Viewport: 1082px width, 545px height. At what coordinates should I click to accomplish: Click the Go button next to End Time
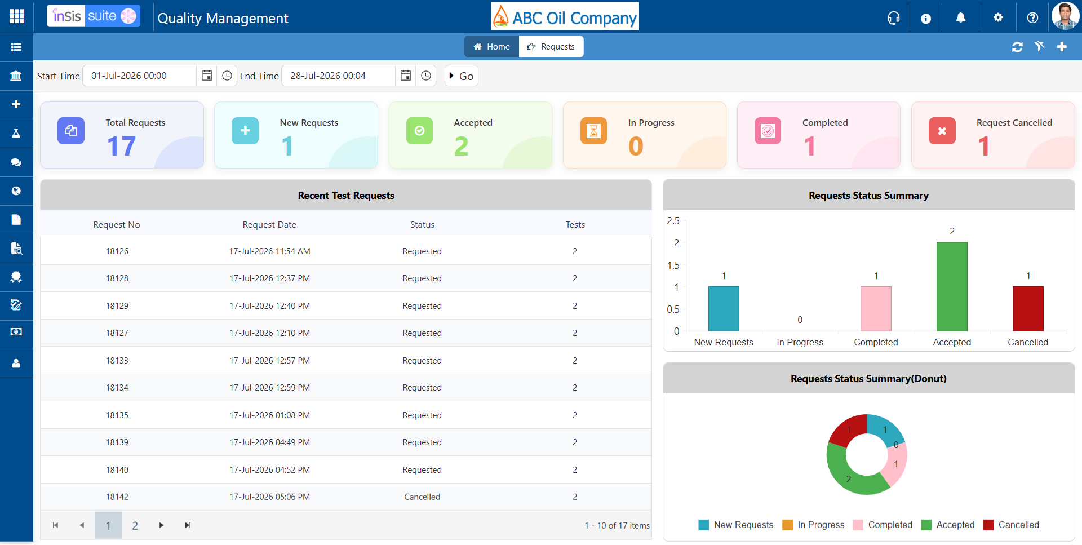point(462,76)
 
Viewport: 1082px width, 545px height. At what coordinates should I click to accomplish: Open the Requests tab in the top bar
point(551,47)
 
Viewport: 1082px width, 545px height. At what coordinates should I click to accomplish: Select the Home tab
point(491,47)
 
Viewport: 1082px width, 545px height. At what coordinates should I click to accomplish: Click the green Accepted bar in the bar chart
point(952,286)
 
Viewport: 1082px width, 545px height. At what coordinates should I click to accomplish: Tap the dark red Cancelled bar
point(1028,309)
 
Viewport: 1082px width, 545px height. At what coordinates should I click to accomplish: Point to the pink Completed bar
point(876,309)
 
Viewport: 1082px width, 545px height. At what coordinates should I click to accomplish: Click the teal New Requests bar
point(724,309)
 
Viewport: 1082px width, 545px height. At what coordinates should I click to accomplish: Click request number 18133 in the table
point(117,361)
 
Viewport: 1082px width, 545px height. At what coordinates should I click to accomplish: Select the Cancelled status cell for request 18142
point(422,497)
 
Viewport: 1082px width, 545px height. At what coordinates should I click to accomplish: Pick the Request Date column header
point(269,225)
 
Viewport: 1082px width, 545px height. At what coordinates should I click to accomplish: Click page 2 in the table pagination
point(135,526)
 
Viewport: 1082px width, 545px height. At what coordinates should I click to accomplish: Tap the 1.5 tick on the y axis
point(673,265)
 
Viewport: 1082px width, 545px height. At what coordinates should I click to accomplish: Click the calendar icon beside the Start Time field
point(207,76)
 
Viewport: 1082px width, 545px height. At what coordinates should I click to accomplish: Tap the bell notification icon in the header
point(961,18)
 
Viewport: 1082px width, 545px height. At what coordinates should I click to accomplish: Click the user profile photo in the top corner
point(1065,16)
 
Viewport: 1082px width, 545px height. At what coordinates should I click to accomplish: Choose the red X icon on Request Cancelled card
point(942,131)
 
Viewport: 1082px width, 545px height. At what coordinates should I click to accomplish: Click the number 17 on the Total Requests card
point(121,147)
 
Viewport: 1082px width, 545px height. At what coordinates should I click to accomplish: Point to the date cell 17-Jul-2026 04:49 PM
point(269,442)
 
